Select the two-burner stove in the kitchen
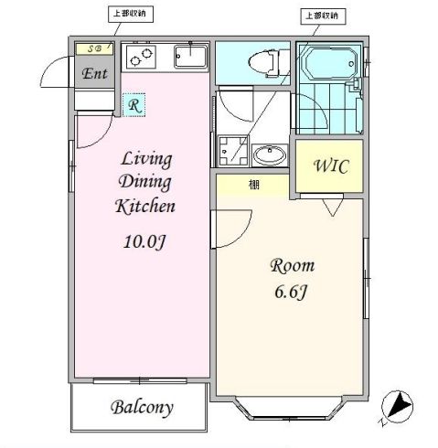click(x=142, y=58)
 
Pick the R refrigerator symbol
click(x=134, y=105)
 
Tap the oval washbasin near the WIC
click(x=269, y=154)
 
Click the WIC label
click(x=328, y=167)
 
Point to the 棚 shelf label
click(x=252, y=185)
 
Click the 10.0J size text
click(x=144, y=242)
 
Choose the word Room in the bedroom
click(x=292, y=266)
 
